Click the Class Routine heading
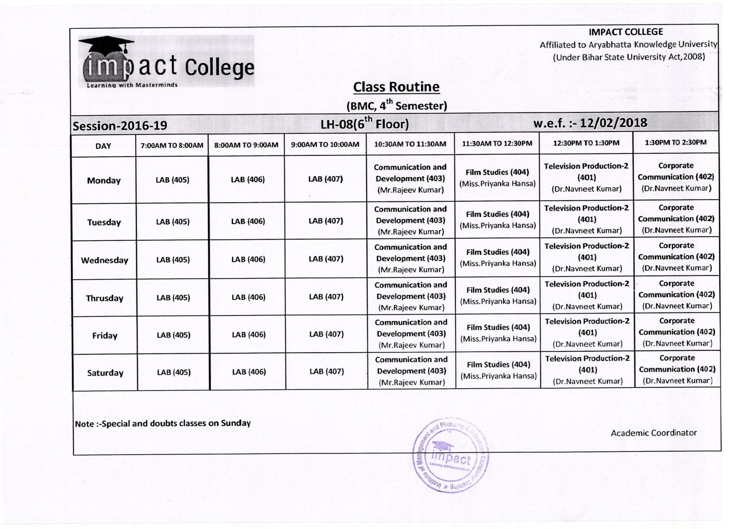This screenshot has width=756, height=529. coord(396,87)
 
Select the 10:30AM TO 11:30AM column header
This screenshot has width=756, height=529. coord(410,144)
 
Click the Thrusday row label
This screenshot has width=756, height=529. coord(104,298)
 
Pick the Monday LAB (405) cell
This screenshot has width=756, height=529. coord(173,180)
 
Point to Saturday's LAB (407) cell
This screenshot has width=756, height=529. coord(326,372)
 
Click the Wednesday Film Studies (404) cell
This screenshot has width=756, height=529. coord(498,258)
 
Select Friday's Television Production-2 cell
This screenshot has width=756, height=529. coord(587,332)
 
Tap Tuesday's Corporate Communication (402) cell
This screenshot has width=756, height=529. coord(676,219)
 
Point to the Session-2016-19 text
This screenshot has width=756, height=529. coord(120,126)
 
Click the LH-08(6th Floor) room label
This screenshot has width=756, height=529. coord(364,124)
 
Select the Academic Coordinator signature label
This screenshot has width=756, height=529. coord(654,433)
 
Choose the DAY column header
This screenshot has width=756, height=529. coord(103,146)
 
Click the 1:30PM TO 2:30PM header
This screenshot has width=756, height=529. coord(675,142)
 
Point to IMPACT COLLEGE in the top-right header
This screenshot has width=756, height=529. coord(626,32)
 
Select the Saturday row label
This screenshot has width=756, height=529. coord(105,373)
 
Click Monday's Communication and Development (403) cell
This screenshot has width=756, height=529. coord(410,179)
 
